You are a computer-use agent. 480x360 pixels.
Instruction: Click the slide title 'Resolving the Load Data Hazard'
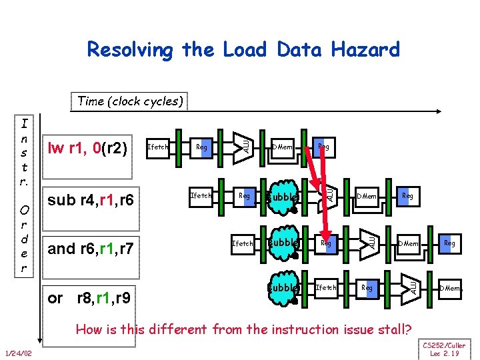243,50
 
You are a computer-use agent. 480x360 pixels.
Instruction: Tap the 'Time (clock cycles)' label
129,101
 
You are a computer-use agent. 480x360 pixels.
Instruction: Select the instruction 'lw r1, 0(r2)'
87,147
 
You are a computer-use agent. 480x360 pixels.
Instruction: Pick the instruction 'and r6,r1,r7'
91,249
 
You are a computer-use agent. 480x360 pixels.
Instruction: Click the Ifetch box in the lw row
157,147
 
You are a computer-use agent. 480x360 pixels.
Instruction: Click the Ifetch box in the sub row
201,195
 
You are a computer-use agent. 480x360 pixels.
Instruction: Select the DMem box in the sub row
367,196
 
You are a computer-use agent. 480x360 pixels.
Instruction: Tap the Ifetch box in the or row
326,287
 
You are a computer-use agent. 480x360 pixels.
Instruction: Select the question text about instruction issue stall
243,329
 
